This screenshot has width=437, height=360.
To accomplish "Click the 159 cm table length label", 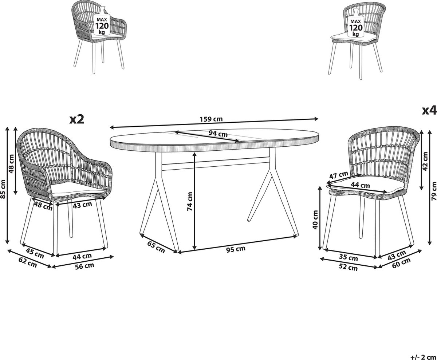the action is [211, 119].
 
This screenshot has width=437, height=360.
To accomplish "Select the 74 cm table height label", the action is [190, 201].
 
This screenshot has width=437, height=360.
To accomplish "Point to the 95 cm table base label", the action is [236, 249].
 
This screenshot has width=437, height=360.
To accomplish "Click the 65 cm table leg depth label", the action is [156, 247].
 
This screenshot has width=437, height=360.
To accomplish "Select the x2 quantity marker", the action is [77, 120].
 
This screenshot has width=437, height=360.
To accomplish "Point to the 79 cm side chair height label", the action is [434, 191].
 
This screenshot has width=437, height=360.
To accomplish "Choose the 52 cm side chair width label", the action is [348, 268].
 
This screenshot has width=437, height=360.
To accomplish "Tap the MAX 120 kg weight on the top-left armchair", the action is [102, 26].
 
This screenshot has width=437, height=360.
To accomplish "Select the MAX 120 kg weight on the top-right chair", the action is [355, 28].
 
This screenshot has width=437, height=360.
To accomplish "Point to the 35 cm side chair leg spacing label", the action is [349, 258].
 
